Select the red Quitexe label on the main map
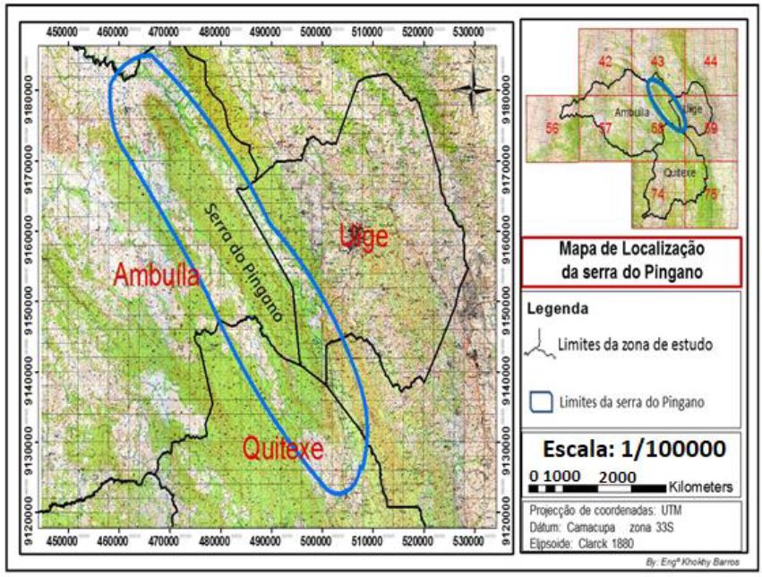[282, 444]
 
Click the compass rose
[471, 90]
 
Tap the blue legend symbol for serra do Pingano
[539, 400]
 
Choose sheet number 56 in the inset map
[552, 128]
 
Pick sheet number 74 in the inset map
[658, 194]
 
